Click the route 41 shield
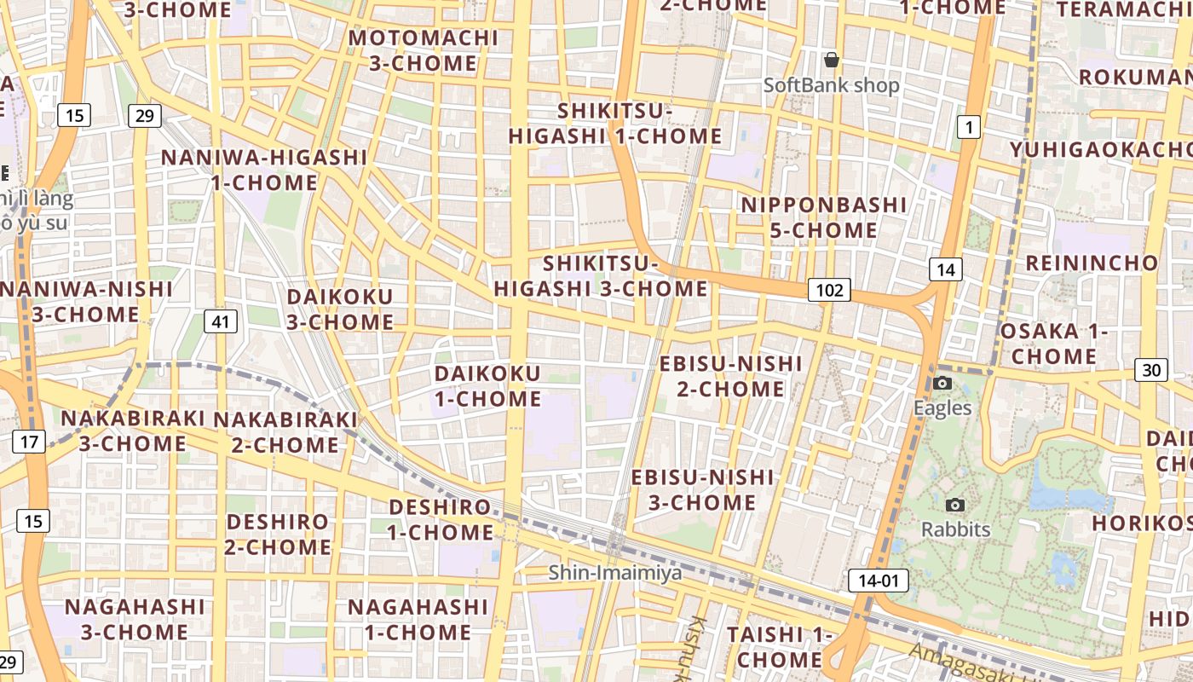click(221, 321)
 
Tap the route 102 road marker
click(829, 290)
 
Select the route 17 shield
click(29, 442)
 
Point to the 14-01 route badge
click(879, 581)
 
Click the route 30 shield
click(1151, 370)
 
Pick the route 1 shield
click(968, 128)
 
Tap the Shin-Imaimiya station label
click(615, 572)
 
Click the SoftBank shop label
click(831, 85)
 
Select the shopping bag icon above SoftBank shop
click(832, 60)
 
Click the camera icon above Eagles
click(942, 383)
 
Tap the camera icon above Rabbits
click(955, 505)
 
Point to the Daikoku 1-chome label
click(487, 386)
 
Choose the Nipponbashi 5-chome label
click(823, 217)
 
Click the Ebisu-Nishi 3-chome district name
click(702, 489)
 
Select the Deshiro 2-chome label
click(278, 534)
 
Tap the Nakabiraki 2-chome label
click(285, 432)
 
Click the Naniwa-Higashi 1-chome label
click(264, 170)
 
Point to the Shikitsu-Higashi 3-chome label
click(601, 276)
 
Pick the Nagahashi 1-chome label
click(418, 619)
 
